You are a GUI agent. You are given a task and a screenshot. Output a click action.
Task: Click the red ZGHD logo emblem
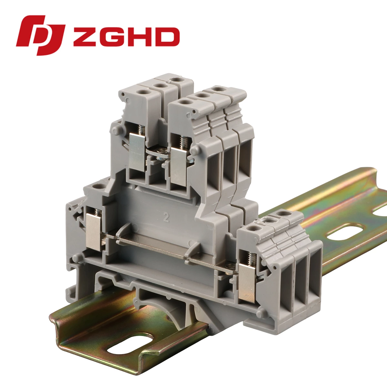(41, 35)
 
